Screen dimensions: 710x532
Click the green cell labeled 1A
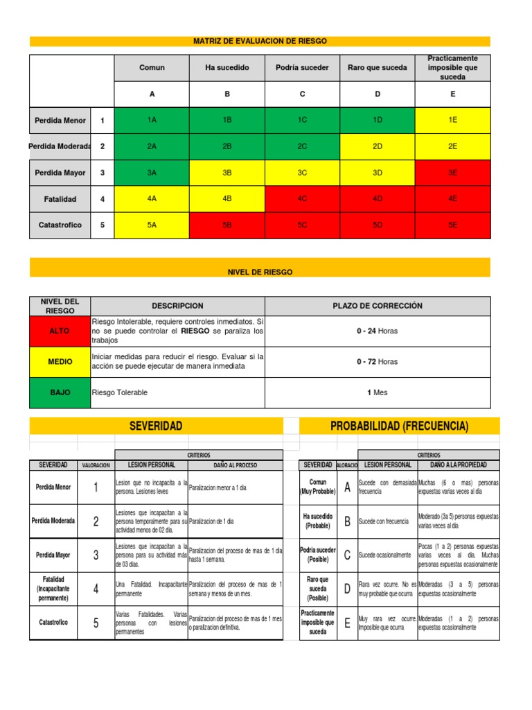coord(152,120)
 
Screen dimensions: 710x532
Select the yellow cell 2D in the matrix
coord(378,146)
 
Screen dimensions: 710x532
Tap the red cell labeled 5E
coord(452,225)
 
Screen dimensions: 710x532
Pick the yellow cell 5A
coord(152,225)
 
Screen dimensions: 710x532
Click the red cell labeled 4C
coord(302,199)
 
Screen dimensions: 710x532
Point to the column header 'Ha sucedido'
coord(227,67)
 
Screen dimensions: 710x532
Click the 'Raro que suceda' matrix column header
coord(378,67)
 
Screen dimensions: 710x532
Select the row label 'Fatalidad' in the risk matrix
coord(60,199)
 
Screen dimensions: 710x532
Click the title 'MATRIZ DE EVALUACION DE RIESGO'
coord(260,42)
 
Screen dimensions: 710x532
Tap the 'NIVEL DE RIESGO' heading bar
coord(260,272)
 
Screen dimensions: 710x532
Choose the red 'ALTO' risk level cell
coord(60,331)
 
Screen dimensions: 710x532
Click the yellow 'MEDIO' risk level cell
coord(60,362)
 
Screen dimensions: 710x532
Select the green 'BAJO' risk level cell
coord(60,392)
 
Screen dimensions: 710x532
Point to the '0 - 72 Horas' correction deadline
coord(378,362)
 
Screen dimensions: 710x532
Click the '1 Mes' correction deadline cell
coord(378,392)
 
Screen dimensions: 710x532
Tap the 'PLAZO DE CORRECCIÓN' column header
coord(378,306)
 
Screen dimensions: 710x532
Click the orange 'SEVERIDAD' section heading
coord(156,425)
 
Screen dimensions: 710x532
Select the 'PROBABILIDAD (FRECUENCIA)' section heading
coord(399,425)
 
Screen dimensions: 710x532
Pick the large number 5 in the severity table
coord(96,623)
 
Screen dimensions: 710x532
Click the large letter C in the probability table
coord(346,555)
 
